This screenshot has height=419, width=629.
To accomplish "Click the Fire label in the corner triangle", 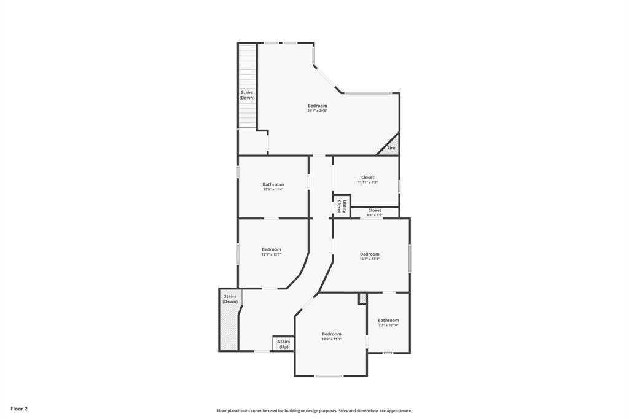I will click(x=391, y=148).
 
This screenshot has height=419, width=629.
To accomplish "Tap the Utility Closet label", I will click(x=342, y=206).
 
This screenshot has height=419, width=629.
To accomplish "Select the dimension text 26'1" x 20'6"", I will click(x=318, y=111).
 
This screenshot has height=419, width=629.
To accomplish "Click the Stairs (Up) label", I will click(x=284, y=344).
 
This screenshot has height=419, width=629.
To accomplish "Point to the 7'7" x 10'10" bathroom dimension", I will click(x=388, y=325).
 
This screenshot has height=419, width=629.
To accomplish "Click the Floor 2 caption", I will click(x=19, y=409).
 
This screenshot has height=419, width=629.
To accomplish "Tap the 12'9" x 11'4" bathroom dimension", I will click(x=273, y=189).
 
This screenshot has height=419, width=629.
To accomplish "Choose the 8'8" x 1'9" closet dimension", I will click(x=375, y=215).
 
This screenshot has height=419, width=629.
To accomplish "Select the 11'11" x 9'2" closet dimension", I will click(x=367, y=182).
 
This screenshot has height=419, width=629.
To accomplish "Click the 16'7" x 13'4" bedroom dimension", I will click(x=370, y=259).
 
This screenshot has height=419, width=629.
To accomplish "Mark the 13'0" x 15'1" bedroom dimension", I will click(x=332, y=339).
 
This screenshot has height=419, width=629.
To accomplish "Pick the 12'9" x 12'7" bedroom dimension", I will click(x=272, y=254).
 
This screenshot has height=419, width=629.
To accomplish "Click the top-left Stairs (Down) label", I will click(x=247, y=95).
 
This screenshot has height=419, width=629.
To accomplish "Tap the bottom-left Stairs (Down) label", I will click(x=230, y=299).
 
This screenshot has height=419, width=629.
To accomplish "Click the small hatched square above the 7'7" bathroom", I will click(x=362, y=298).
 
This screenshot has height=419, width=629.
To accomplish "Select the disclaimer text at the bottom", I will click(x=314, y=410).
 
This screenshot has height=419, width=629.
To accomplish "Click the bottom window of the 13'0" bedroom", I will click(x=329, y=376).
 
